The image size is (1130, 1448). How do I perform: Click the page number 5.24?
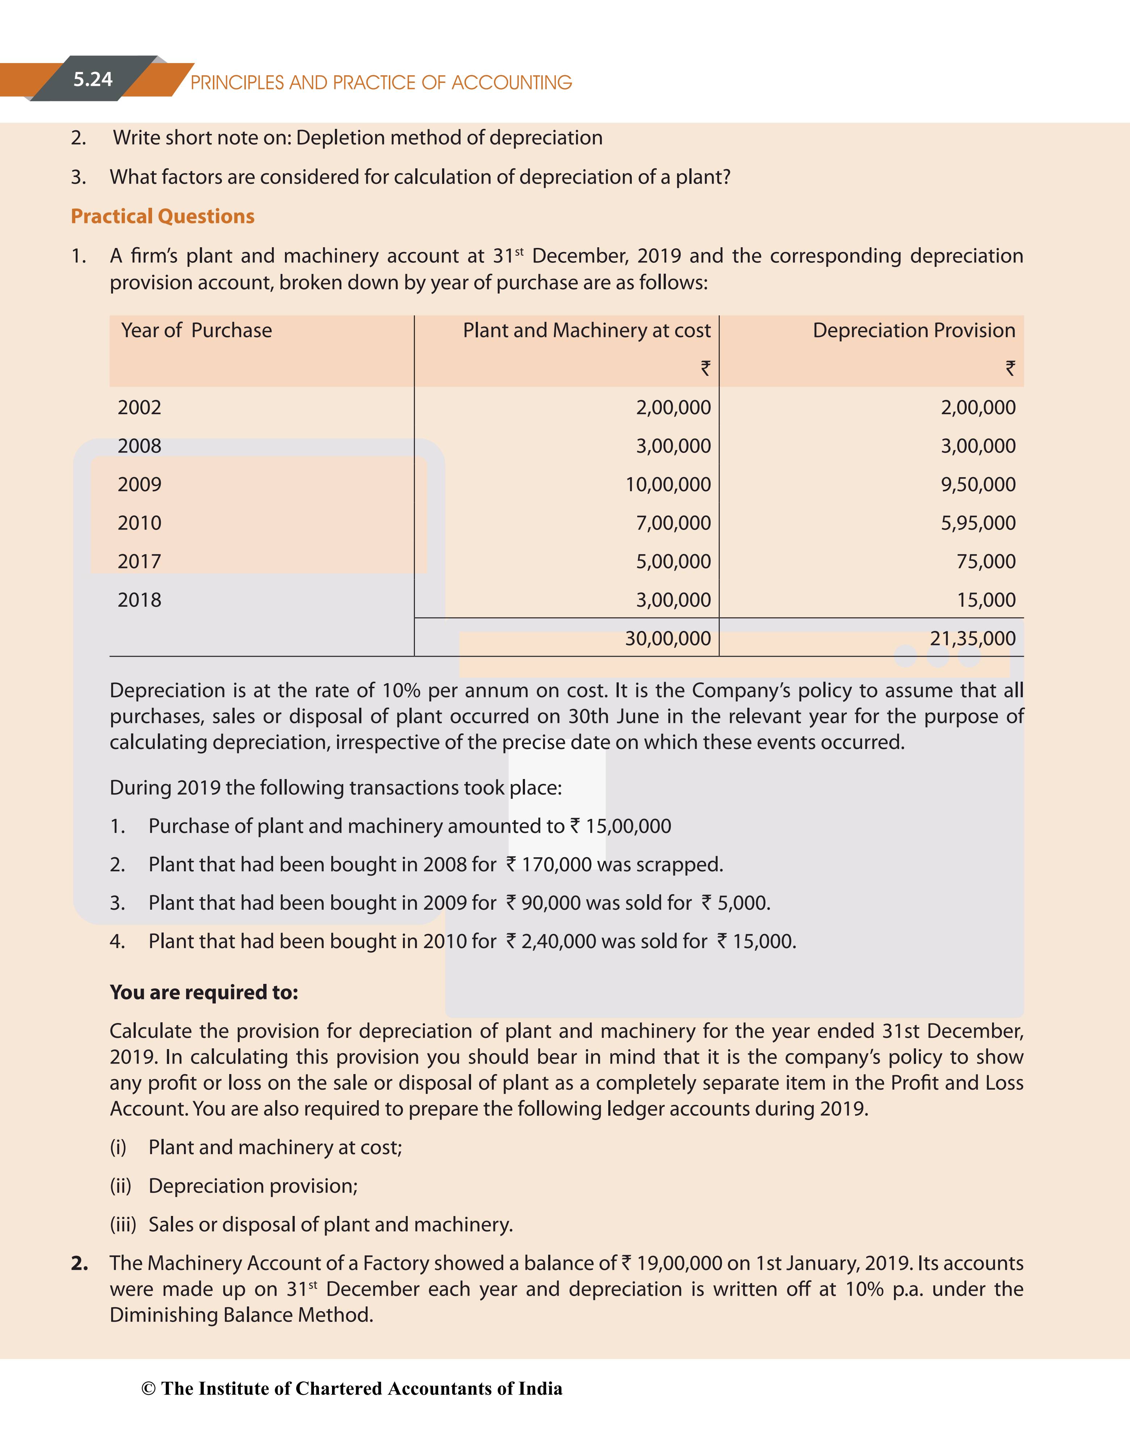pyautogui.click(x=93, y=80)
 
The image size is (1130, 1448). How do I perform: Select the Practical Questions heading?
pyautogui.click(x=163, y=216)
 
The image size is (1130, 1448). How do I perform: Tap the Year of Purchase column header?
pyautogui.click(x=196, y=330)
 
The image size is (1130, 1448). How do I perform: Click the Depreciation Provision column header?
pyautogui.click(x=914, y=330)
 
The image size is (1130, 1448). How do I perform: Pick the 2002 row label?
pyautogui.click(x=139, y=407)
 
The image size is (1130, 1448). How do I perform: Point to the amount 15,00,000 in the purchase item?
pyautogui.click(x=628, y=826)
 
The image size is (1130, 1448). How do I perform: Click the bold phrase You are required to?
pyautogui.click(x=203, y=993)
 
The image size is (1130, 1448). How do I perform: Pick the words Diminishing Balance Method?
pyautogui.click(x=241, y=1315)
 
